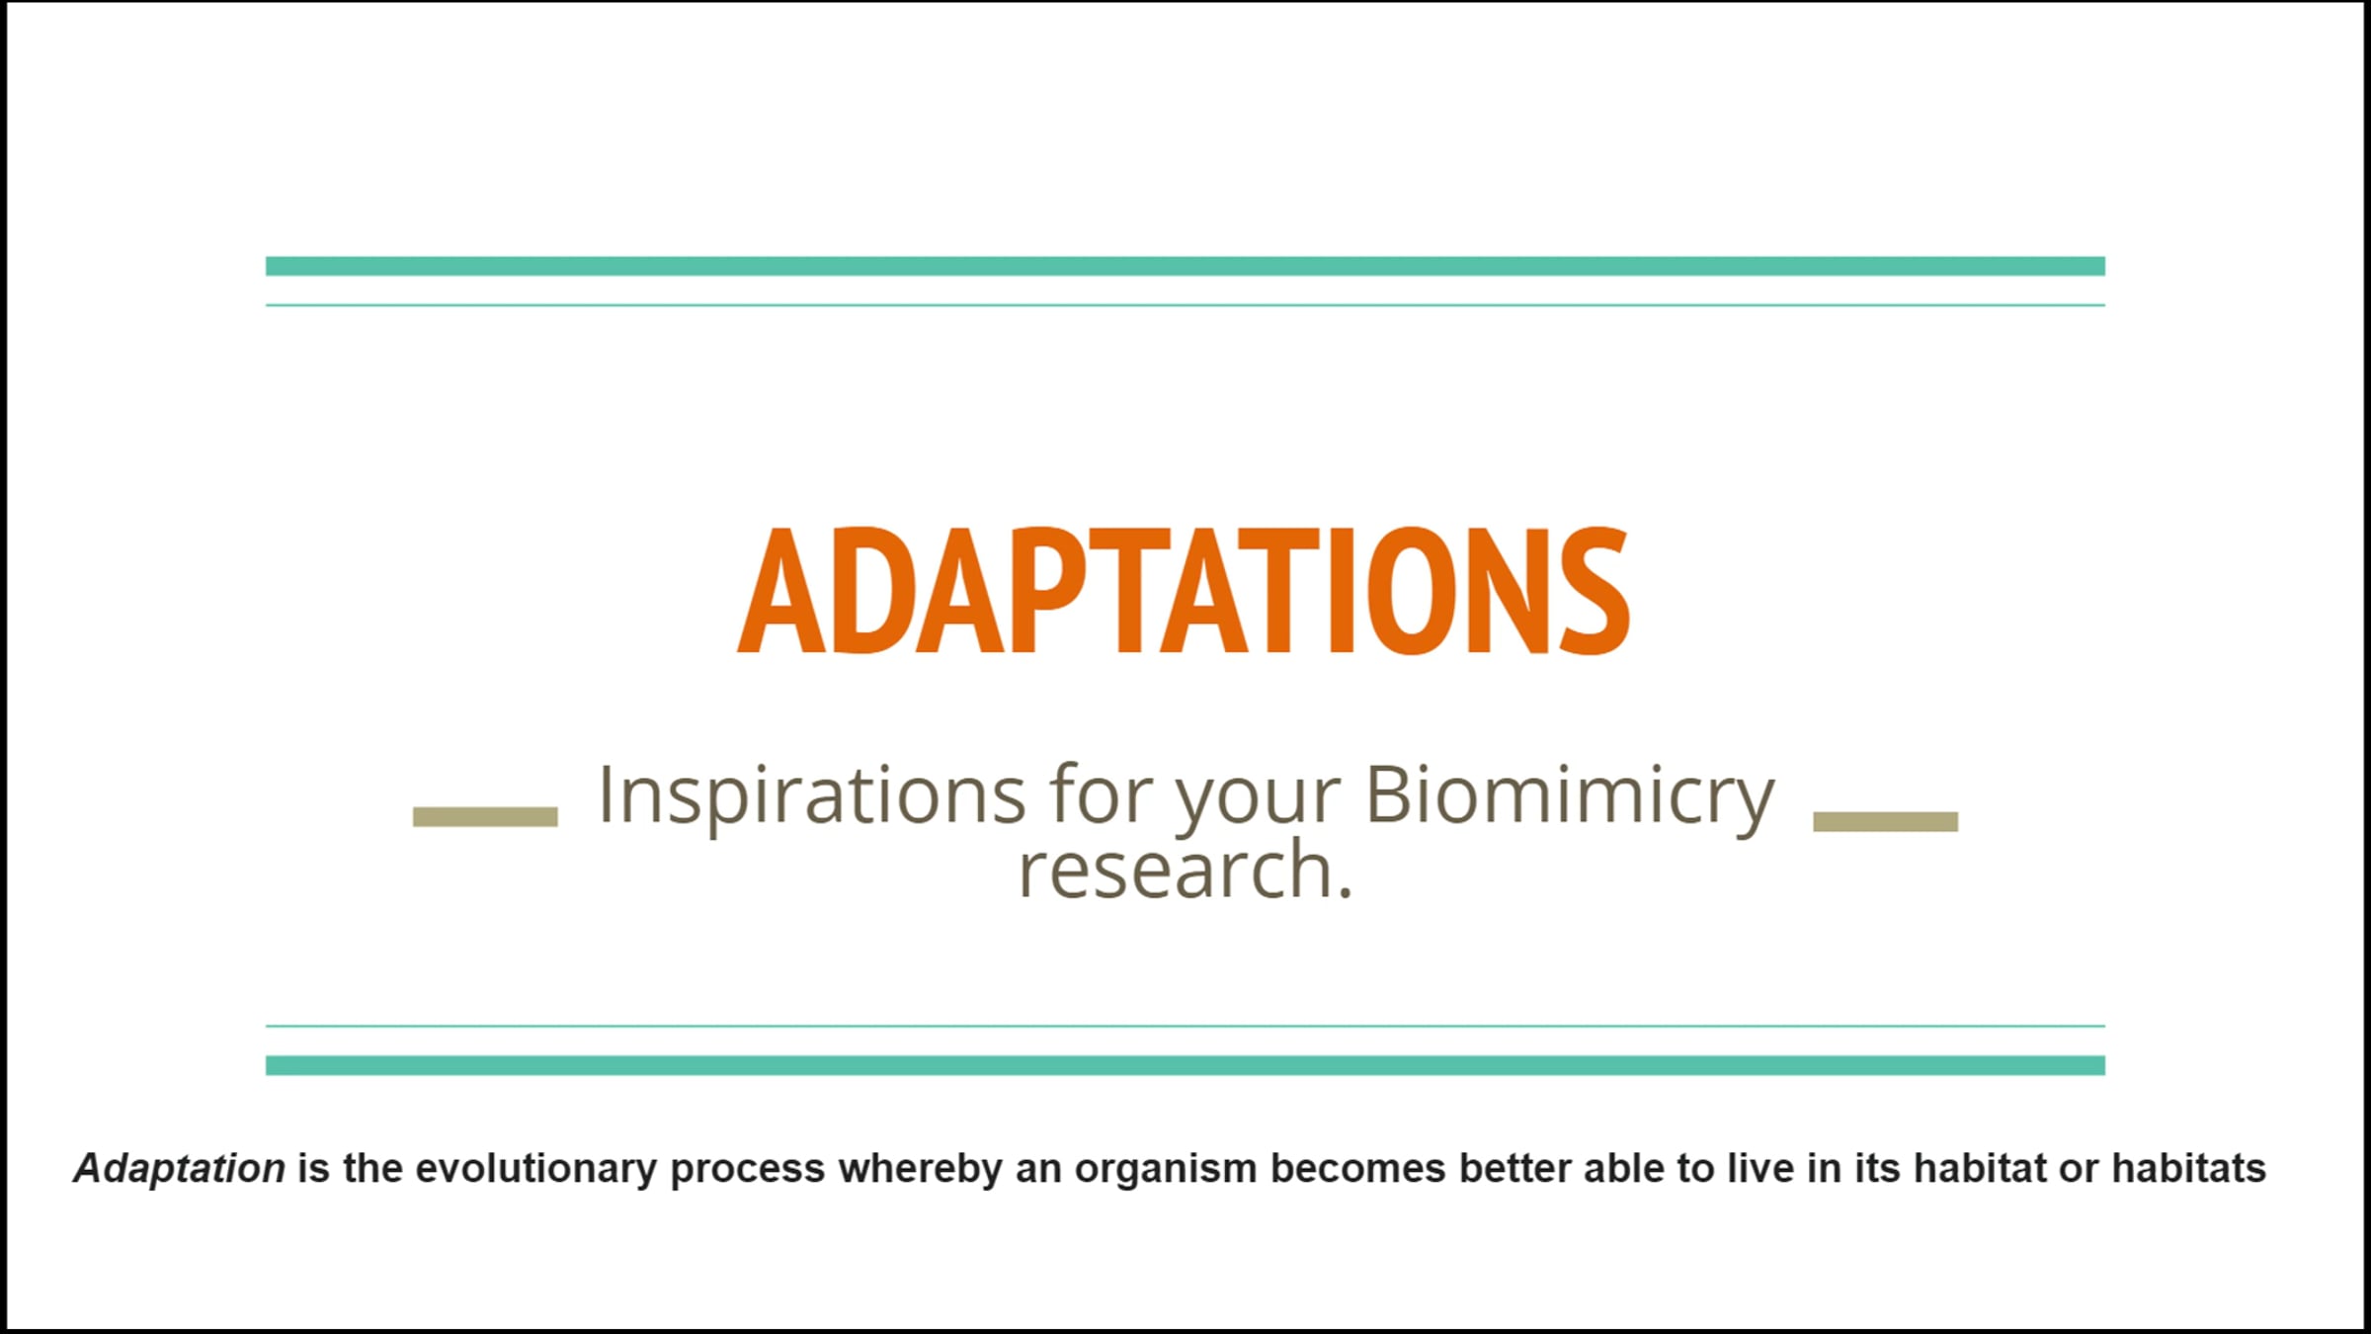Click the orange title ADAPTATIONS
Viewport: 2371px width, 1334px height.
[1184, 590]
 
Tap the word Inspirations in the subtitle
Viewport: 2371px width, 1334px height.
[812, 795]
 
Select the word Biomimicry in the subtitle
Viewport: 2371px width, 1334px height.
[1570, 795]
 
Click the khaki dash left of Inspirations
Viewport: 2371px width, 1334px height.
[485, 816]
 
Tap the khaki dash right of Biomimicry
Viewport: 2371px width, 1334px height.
[1885, 821]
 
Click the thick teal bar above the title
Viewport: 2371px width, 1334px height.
[1185, 266]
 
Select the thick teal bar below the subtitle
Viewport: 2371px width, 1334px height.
[1185, 1065]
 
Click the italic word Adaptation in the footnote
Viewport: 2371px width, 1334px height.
[180, 1169]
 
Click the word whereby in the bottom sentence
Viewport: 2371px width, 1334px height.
[920, 1170]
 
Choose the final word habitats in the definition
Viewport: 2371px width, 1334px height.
[2188, 1169]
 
